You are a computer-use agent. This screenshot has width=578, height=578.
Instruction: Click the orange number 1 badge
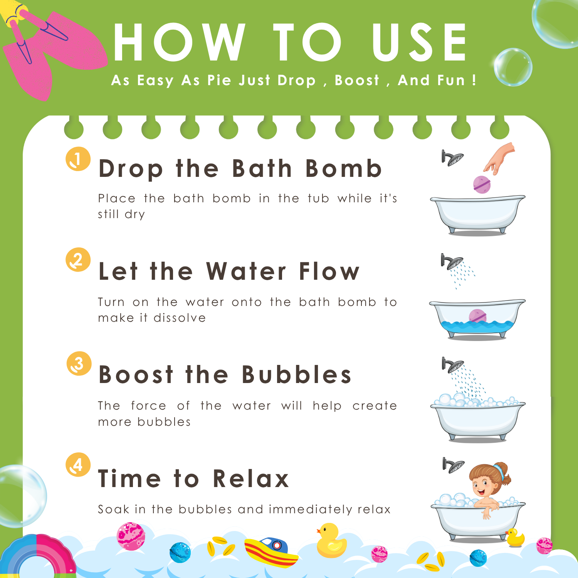(78, 159)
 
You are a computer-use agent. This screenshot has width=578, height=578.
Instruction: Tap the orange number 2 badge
(78, 260)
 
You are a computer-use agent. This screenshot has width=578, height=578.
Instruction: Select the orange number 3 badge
(79, 363)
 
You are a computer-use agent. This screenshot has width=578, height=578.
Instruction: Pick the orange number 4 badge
(78, 465)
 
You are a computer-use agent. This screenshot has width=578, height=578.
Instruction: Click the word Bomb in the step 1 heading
(343, 168)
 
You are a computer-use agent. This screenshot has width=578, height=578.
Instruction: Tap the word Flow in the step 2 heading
(329, 271)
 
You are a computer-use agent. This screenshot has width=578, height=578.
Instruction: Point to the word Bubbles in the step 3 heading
(296, 375)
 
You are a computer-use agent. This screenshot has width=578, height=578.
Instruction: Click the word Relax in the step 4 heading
(251, 479)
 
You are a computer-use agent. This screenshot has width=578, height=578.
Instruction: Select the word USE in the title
(419, 42)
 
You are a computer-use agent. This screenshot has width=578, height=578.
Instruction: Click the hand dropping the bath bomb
(500, 158)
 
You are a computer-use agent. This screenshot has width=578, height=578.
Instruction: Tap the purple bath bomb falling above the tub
(482, 184)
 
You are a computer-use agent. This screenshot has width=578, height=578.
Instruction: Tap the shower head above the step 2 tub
(452, 262)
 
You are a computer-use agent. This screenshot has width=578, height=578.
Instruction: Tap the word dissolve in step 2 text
(180, 318)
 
